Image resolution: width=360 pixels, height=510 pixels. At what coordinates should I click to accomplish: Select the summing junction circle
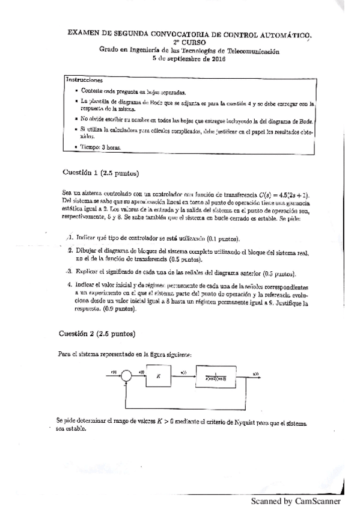126,376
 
